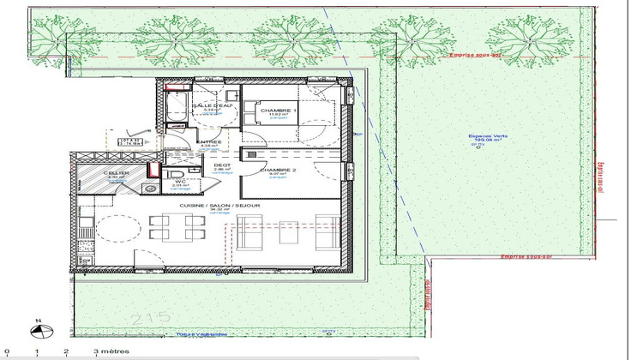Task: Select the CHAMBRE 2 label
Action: coord(278,170)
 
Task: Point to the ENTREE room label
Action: coord(209,142)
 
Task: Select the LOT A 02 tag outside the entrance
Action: coord(129,142)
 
